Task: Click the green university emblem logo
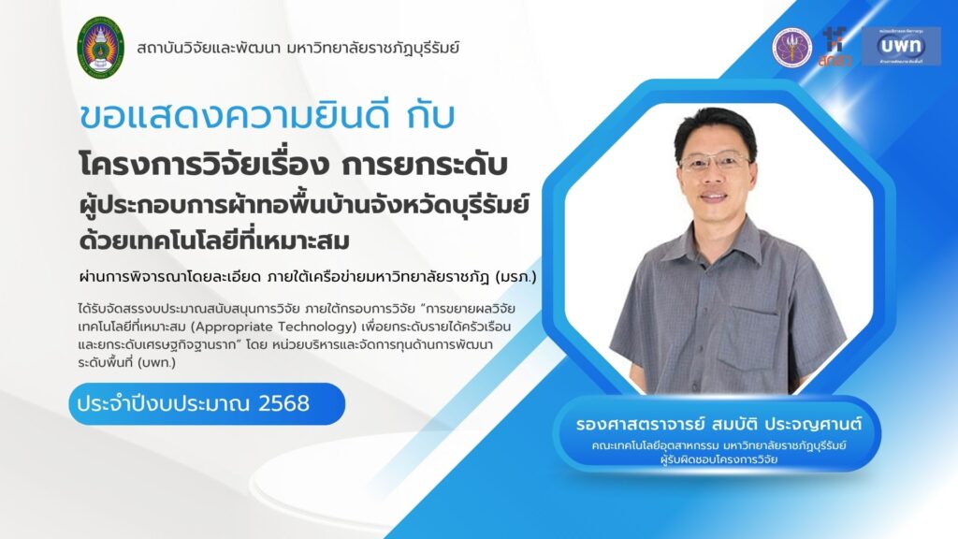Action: click(101, 48)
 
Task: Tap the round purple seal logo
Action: click(792, 48)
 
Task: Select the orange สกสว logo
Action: click(834, 47)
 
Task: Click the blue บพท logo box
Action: click(901, 46)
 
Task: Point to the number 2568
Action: click(284, 403)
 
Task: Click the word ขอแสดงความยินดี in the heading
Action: click(235, 116)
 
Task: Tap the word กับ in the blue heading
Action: click(431, 116)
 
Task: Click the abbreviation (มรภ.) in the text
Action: click(515, 277)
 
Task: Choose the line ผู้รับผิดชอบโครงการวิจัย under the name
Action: click(719, 459)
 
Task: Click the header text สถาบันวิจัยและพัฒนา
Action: click(208, 48)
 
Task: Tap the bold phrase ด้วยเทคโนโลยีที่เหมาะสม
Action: click(214, 240)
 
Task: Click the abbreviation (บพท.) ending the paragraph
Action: click(157, 362)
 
